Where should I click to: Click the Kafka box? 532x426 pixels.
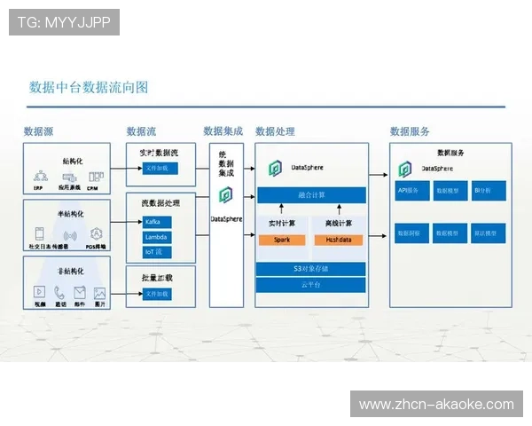click(x=156, y=222)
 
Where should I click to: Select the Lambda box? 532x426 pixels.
click(x=156, y=237)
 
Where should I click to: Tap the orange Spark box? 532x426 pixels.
click(x=281, y=240)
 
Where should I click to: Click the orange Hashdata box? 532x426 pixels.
click(x=338, y=240)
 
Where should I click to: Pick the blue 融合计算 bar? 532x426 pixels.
click(x=310, y=194)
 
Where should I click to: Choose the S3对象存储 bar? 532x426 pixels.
click(x=310, y=268)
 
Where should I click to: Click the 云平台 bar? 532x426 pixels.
click(x=310, y=285)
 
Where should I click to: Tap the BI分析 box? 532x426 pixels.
click(x=488, y=190)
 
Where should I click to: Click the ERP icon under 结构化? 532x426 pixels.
click(x=40, y=178)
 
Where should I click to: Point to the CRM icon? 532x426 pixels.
click(x=92, y=178)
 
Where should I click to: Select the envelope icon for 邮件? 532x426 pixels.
click(x=80, y=292)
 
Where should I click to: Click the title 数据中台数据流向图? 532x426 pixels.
click(x=89, y=86)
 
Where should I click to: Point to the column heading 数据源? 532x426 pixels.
click(x=39, y=131)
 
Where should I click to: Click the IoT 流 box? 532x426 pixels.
click(x=156, y=252)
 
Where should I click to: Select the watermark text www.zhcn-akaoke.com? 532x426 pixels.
click(x=436, y=405)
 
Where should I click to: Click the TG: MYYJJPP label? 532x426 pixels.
click(x=64, y=22)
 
